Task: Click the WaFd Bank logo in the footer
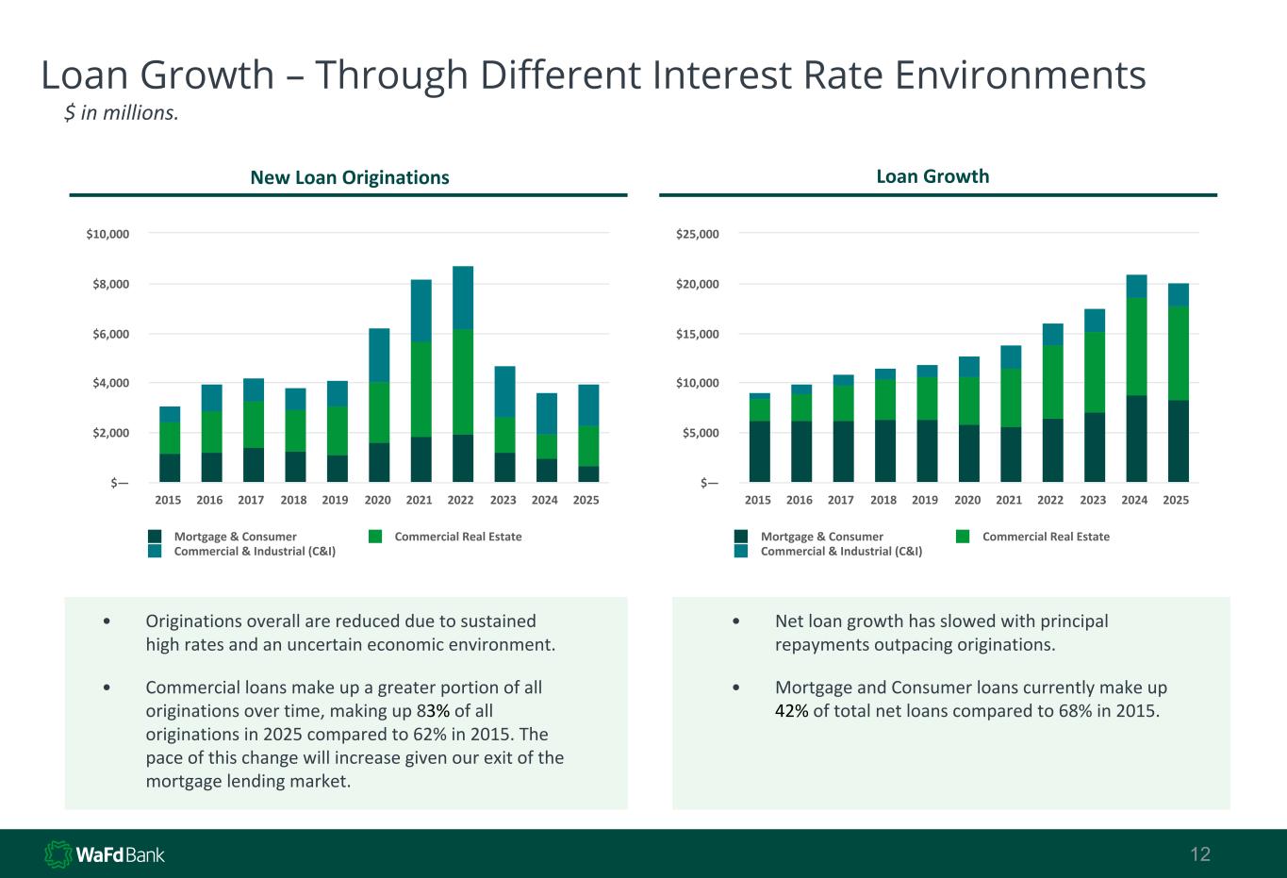(x=105, y=854)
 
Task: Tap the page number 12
(x=1200, y=854)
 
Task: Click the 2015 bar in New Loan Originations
(x=170, y=444)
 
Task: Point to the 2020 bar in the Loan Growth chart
(x=968, y=419)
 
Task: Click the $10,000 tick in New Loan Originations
(x=107, y=234)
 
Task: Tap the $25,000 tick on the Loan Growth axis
(x=698, y=234)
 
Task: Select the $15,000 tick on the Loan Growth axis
(x=698, y=334)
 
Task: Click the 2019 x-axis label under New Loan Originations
(x=336, y=500)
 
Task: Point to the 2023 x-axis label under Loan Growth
(x=1093, y=500)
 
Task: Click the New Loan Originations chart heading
(x=349, y=177)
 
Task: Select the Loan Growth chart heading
(x=932, y=176)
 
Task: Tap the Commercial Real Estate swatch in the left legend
(x=375, y=537)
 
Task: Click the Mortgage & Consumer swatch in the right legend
(x=741, y=537)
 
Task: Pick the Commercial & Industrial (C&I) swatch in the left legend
(x=155, y=551)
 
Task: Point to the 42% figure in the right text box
(x=791, y=710)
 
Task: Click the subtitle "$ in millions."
(x=121, y=113)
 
